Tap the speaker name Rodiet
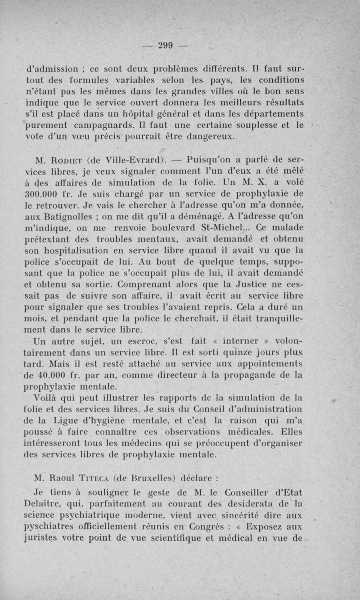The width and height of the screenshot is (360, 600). pyautogui.click(x=65, y=160)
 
